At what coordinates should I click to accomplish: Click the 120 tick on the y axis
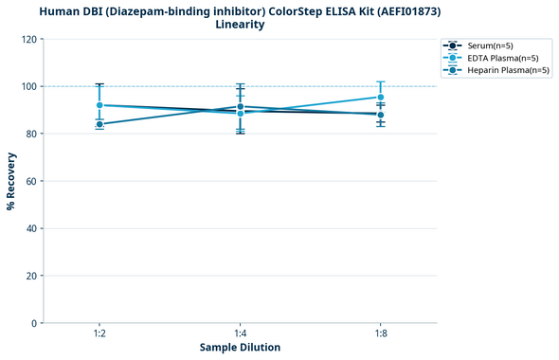(31, 39)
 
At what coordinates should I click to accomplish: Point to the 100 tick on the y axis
(31, 86)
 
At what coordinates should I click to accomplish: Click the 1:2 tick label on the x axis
(99, 333)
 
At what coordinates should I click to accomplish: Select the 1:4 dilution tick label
(240, 333)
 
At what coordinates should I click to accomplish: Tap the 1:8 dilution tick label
(380, 333)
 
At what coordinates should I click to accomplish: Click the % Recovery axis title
(11, 181)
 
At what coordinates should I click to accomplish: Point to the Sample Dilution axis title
(240, 348)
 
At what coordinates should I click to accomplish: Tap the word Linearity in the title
(240, 25)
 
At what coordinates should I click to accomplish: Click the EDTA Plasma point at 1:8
(380, 98)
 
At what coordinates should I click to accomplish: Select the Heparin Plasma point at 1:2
(99, 124)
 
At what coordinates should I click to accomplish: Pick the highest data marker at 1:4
(240, 107)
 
